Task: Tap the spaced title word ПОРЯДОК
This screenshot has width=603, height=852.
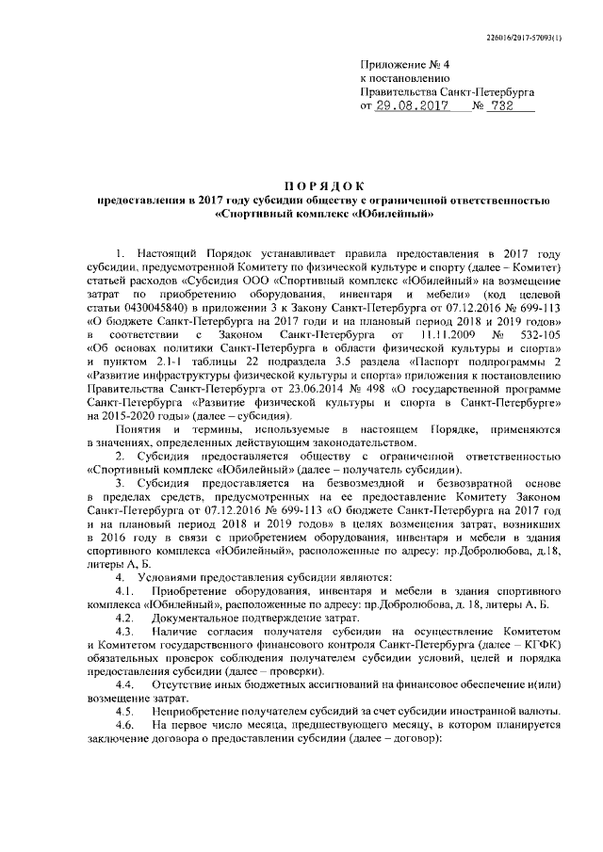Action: click(324, 185)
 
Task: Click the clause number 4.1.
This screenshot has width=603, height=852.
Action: click(122, 588)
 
